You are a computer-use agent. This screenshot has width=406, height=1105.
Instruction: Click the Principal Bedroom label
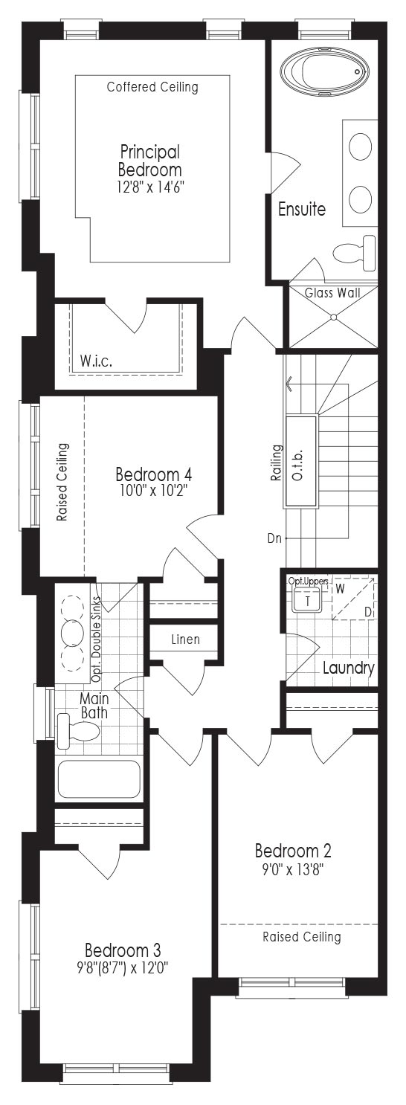(150, 161)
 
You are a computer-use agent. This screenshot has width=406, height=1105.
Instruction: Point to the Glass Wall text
(332, 293)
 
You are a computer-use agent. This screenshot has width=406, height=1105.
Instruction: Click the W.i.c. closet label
(96, 361)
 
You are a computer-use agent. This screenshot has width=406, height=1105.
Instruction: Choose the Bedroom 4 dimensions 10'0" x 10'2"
(153, 491)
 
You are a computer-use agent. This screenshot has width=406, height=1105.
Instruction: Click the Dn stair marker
(274, 538)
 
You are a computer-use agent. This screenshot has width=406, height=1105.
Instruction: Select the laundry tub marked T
(308, 601)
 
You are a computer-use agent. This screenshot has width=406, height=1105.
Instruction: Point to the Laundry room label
(349, 669)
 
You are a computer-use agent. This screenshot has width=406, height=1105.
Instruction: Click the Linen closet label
(185, 640)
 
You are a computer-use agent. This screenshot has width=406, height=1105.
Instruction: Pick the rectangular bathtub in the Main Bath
(99, 779)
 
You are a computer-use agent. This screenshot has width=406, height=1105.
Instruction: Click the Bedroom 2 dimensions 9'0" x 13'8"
(293, 869)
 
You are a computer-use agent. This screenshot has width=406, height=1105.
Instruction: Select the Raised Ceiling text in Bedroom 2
(302, 937)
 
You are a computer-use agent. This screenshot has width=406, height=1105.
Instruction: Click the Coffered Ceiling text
(153, 87)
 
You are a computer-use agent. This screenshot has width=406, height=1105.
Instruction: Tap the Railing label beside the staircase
(277, 463)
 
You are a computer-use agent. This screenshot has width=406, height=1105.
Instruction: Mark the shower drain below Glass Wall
(333, 317)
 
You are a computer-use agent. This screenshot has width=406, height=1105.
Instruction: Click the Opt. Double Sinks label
(96, 640)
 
